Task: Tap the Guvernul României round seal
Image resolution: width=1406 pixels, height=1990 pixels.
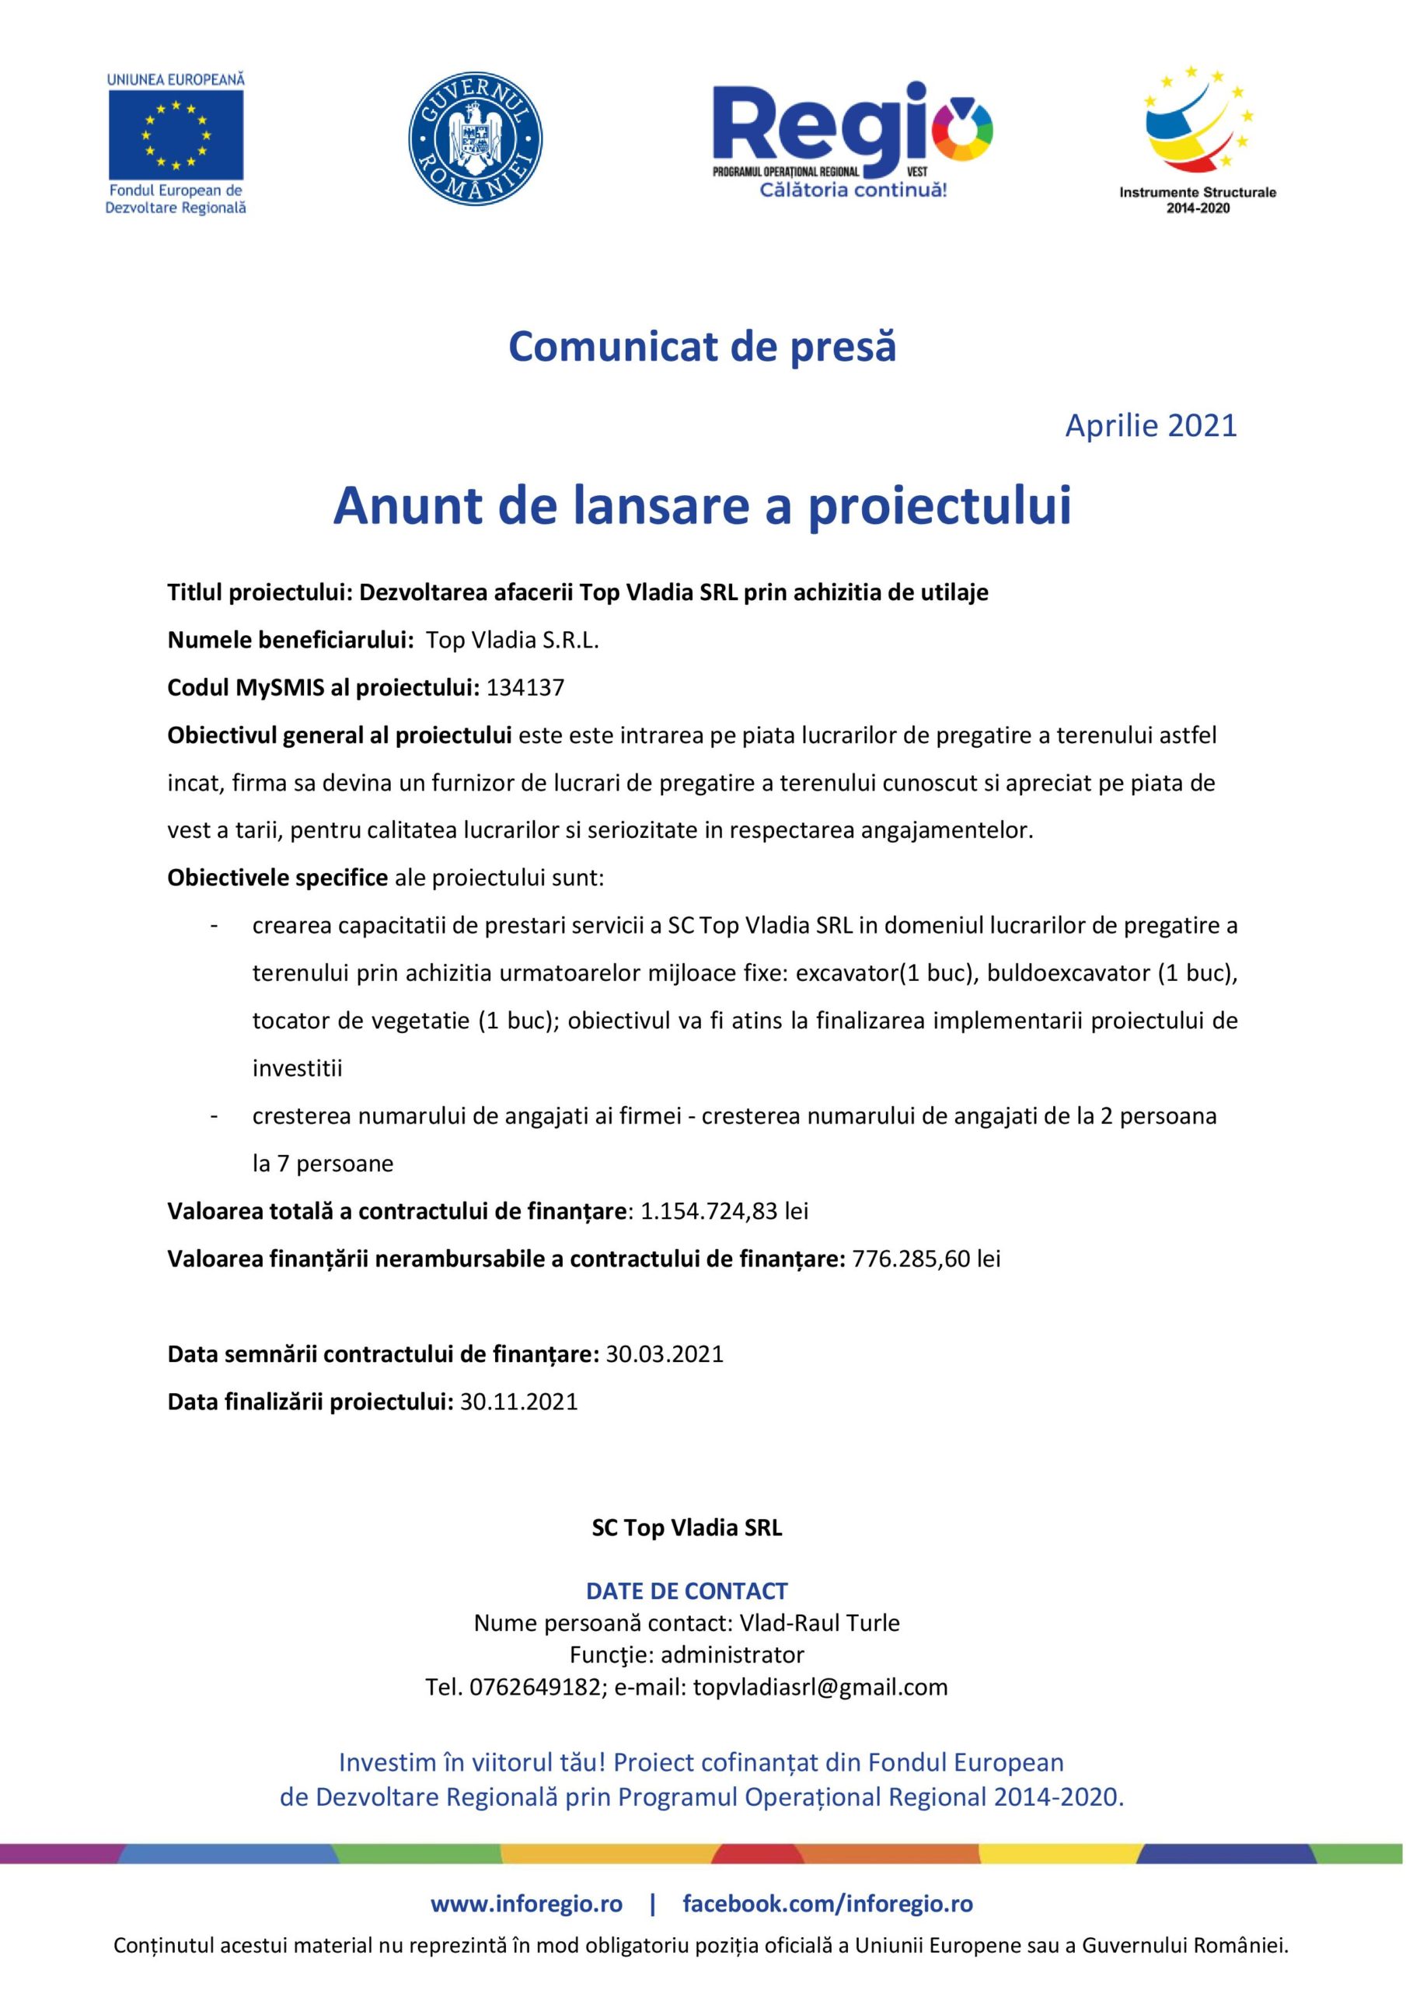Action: [475, 138]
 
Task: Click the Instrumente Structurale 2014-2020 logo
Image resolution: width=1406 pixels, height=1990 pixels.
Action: [1197, 138]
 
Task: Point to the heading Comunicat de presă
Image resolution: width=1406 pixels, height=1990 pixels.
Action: [702, 347]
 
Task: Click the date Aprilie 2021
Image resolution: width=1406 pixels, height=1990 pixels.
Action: [1150, 425]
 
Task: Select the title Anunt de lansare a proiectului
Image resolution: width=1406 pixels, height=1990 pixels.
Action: [702, 506]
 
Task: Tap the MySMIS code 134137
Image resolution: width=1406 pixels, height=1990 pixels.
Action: [525, 688]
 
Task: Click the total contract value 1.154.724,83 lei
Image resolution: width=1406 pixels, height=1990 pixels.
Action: [724, 1211]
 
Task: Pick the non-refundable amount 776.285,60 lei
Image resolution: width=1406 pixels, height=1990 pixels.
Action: [926, 1259]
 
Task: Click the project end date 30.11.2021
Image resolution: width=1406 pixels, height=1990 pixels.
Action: [518, 1402]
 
